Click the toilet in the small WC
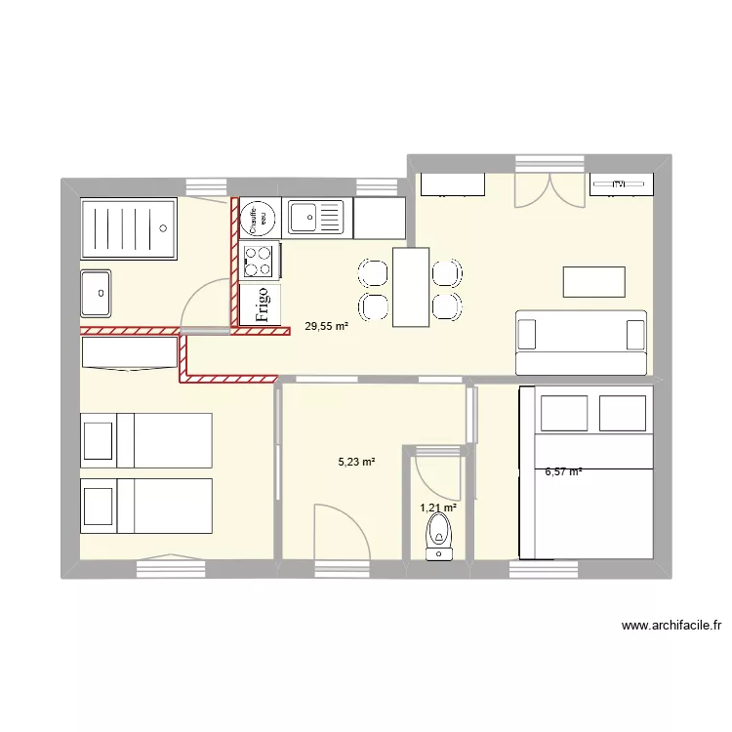(x=440, y=537)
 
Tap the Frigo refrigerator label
(x=261, y=304)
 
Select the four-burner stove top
(x=259, y=261)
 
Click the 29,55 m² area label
(x=326, y=328)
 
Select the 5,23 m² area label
(x=357, y=463)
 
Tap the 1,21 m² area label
(x=438, y=508)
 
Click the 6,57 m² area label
(x=563, y=472)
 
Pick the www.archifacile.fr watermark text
(x=670, y=627)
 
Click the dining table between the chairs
(x=411, y=287)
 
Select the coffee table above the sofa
(x=593, y=281)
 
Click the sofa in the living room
(x=581, y=342)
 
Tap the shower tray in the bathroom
(x=128, y=229)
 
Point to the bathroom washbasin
(x=97, y=293)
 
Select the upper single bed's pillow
(x=98, y=440)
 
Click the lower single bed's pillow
(x=98, y=506)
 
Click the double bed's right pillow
(x=623, y=413)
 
